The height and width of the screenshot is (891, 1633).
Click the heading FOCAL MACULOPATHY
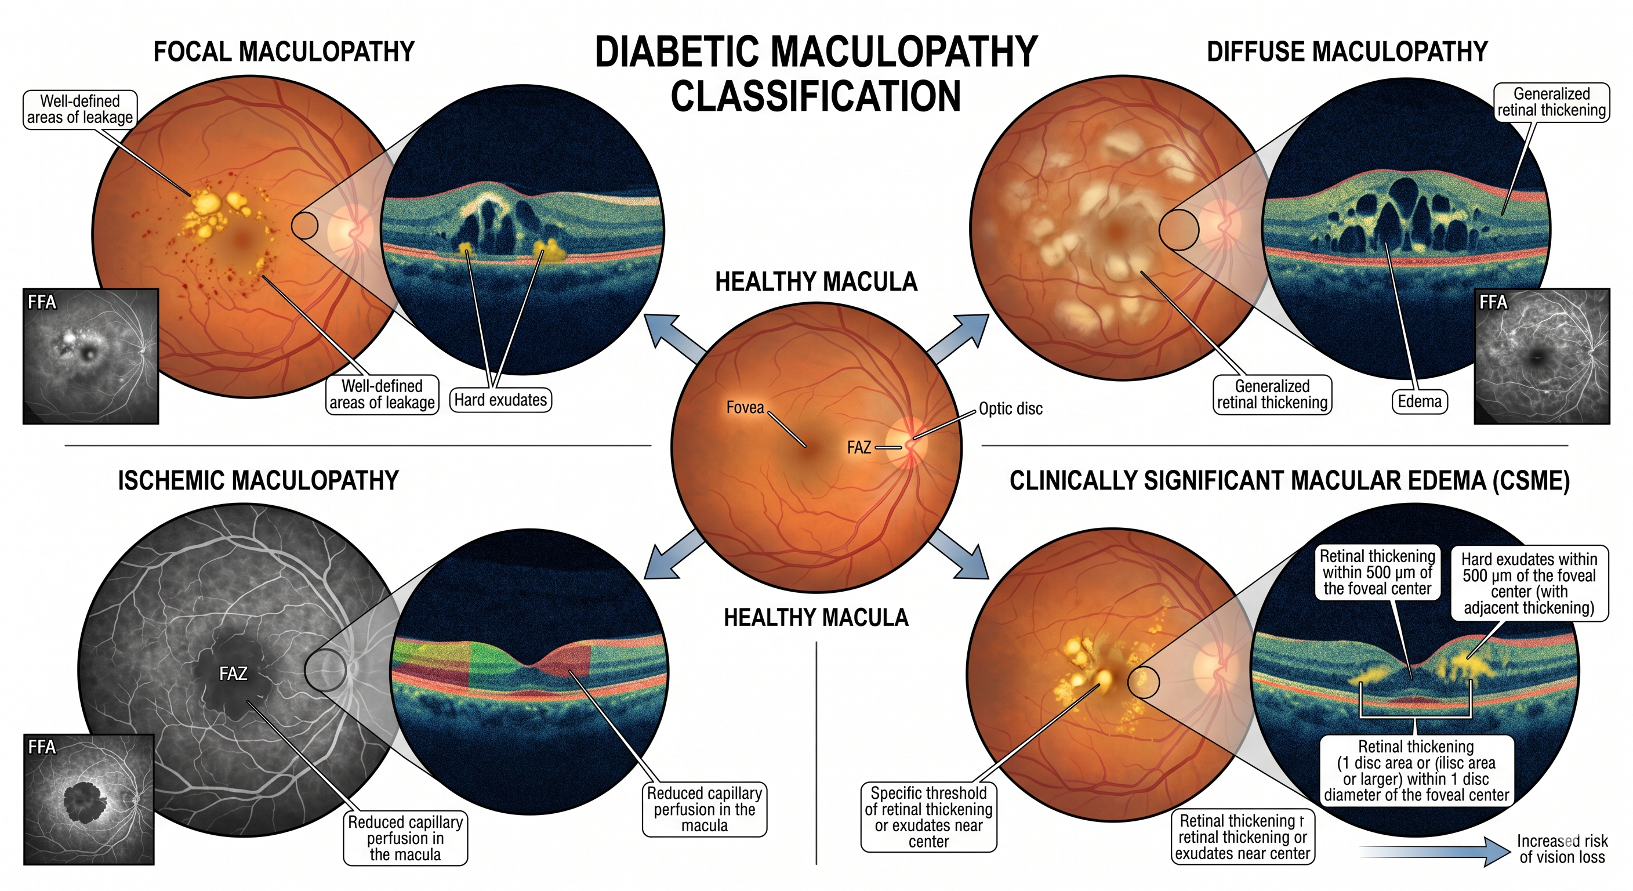(x=284, y=52)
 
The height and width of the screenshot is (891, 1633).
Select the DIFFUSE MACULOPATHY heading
(x=1347, y=52)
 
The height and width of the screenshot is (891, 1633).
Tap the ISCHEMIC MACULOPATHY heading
(x=258, y=480)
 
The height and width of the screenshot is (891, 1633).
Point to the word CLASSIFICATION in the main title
(x=816, y=96)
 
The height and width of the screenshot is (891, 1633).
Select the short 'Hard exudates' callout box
(x=500, y=400)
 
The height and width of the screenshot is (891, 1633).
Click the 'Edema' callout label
(x=1420, y=401)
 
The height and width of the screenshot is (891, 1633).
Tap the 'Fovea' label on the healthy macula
(x=745, y=407)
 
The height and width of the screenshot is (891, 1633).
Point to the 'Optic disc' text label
(x=1011, y=408)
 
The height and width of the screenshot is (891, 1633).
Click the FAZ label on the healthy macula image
(x=859, y=448)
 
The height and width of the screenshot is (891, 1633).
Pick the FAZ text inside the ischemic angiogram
(x=233, y=673)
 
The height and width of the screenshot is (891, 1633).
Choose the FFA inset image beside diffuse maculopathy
(x=1542, y=356)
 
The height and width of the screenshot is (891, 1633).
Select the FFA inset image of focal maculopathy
(x=90, y=356)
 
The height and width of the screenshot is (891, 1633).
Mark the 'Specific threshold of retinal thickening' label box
(x=928, y=817)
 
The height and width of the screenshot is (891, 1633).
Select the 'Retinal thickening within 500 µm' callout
(x=1377, y=573)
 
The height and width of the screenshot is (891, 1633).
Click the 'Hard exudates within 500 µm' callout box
(x=1529, y=584)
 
